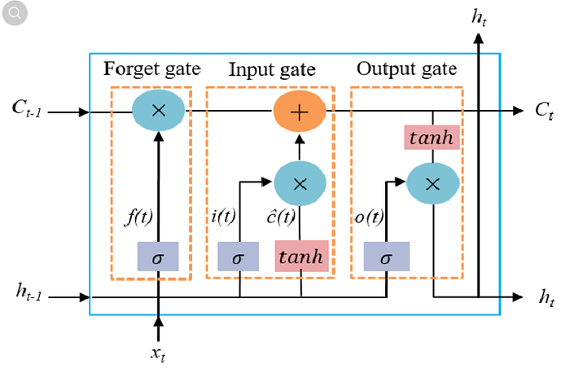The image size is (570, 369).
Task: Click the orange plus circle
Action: [300, 112]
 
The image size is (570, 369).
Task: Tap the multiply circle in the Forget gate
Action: [159, 110]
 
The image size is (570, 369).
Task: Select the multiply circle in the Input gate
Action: [300, 183]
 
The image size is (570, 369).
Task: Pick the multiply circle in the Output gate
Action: [432, 183]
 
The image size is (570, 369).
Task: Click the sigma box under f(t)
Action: [158, 257]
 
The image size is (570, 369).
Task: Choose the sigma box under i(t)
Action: [238, 257]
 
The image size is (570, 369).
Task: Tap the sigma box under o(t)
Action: [387, 257]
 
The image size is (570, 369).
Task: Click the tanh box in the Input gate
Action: [302, 256]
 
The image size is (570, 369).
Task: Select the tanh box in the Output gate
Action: [432, 138]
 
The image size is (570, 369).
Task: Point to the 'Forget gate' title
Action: [152, 68]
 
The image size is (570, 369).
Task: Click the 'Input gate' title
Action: [272, 69]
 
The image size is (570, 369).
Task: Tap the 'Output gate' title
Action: [406, 68]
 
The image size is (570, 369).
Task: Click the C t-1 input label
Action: [27, 108]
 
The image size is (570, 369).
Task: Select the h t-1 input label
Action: [28, 292]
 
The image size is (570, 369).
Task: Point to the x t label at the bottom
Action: [158, 354]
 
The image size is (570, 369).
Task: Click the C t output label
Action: [544, 110]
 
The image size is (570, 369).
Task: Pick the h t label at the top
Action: [479, 17]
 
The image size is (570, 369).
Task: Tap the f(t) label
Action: [138, 217]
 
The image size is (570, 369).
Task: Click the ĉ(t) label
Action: [281, 217]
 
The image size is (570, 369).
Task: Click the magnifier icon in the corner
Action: [15, 13]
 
